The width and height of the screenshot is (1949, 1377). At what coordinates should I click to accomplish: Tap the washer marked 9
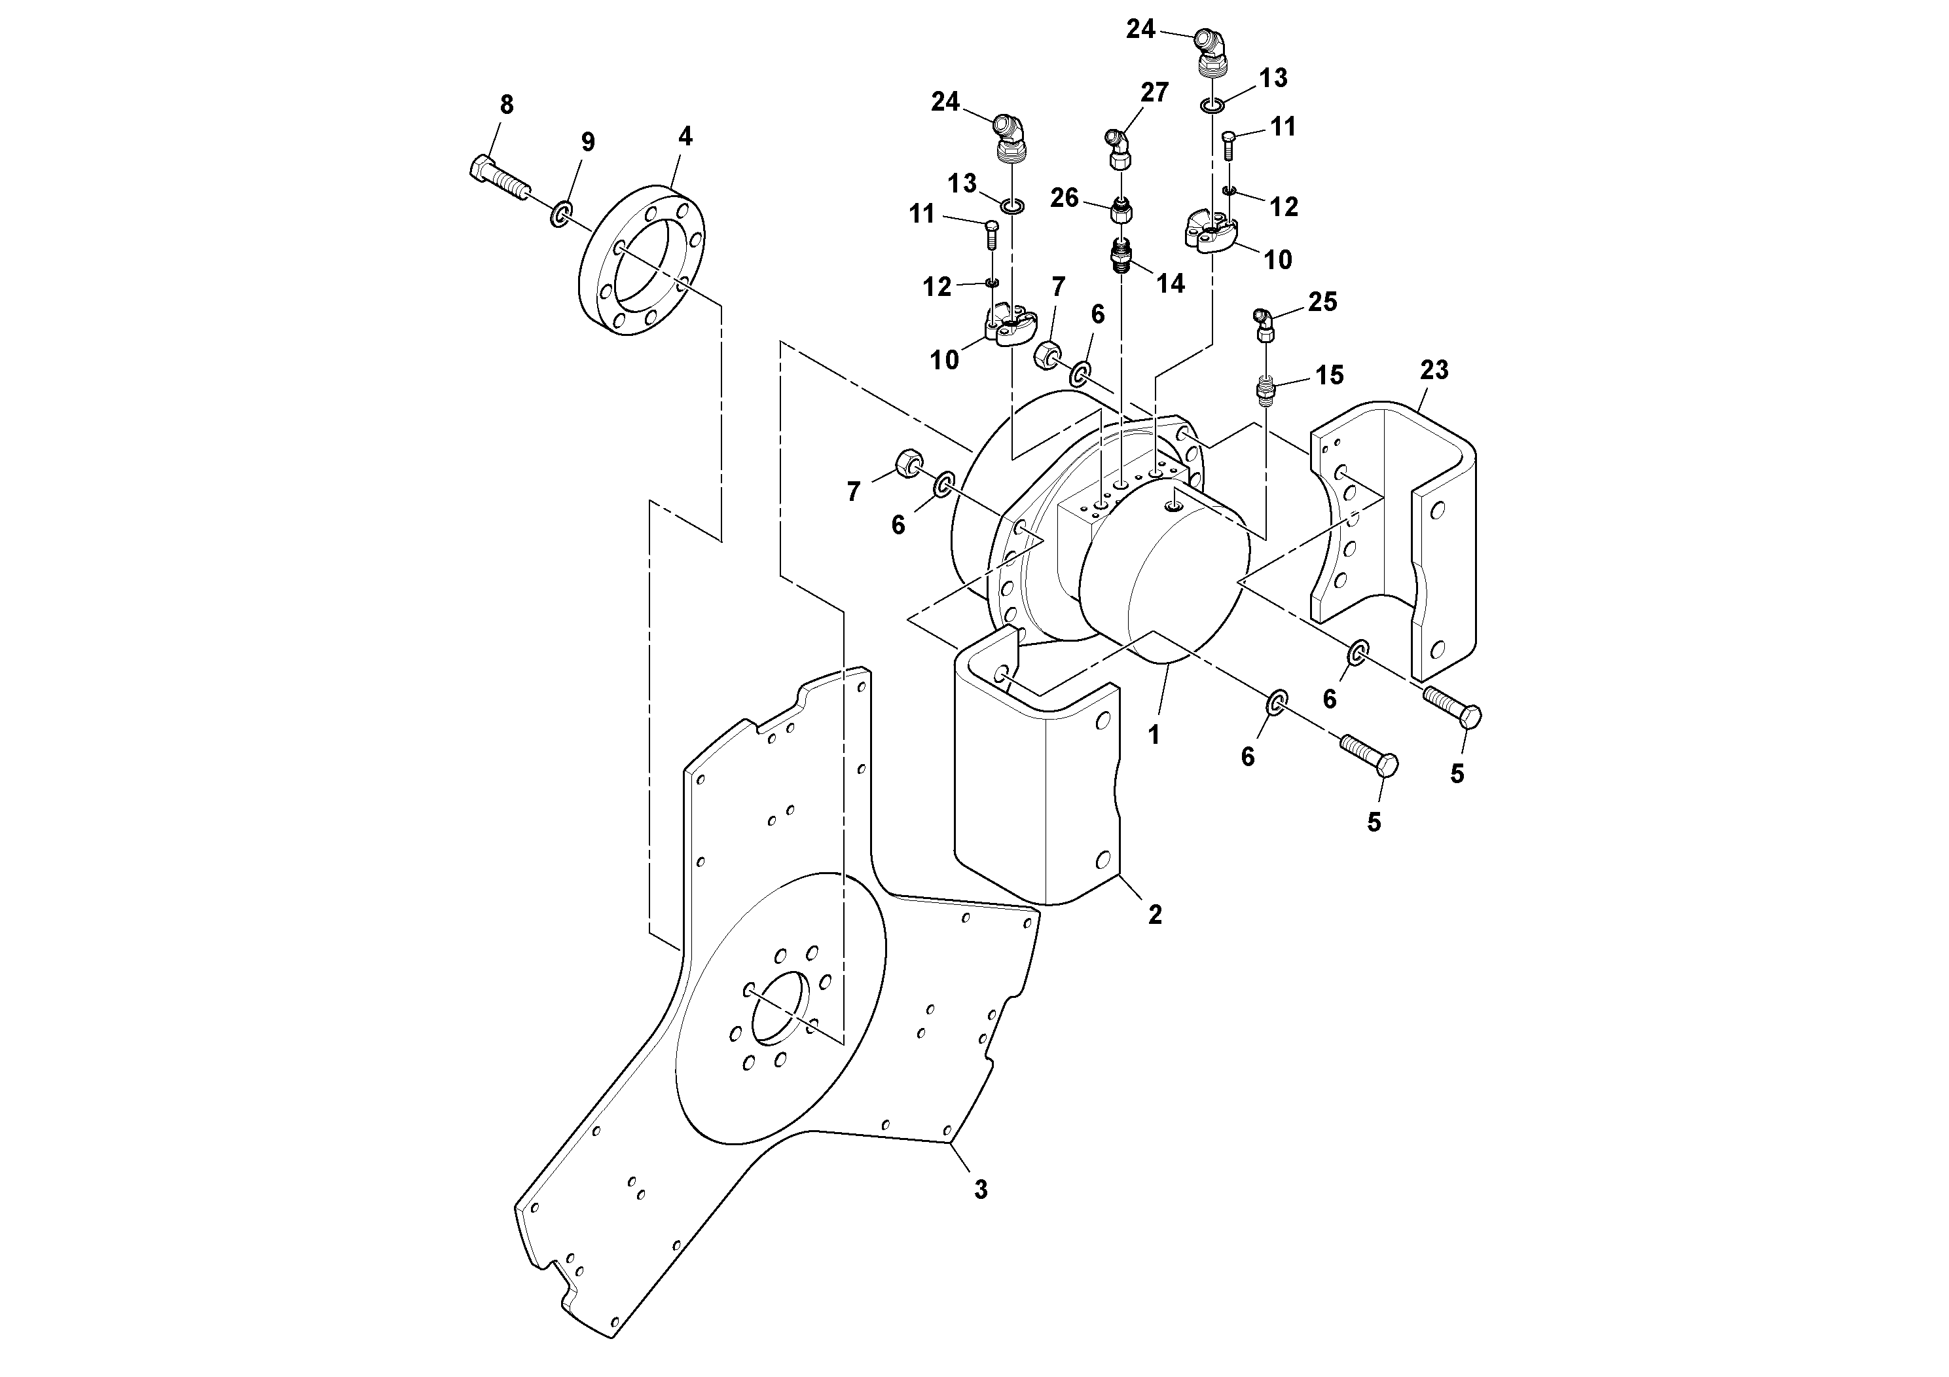click(x=561, y=214)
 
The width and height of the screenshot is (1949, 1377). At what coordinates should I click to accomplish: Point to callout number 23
click(x=1434, y=370)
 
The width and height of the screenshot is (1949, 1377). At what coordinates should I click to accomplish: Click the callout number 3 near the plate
click(x=981, y=1189)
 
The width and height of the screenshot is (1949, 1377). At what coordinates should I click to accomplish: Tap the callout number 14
click(x=1171, y=284)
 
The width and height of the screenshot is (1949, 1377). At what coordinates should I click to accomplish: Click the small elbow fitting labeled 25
click(x=1264, y=325)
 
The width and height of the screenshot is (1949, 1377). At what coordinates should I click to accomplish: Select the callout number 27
click(x=1154, y=92)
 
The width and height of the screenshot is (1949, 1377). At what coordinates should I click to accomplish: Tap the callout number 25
click(x=1322, y=303)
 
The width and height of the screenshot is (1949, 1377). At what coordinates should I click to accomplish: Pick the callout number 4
click(x=685, y=137)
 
